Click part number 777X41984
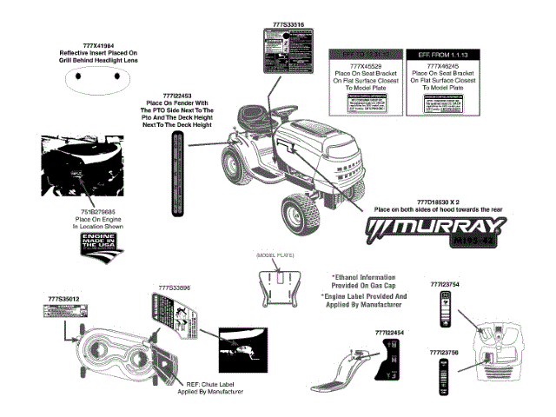pos(98,44)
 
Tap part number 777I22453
pos(182,94)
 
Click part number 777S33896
pos(175,287)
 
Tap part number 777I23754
pos(444,284)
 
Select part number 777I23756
pos(444,352)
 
